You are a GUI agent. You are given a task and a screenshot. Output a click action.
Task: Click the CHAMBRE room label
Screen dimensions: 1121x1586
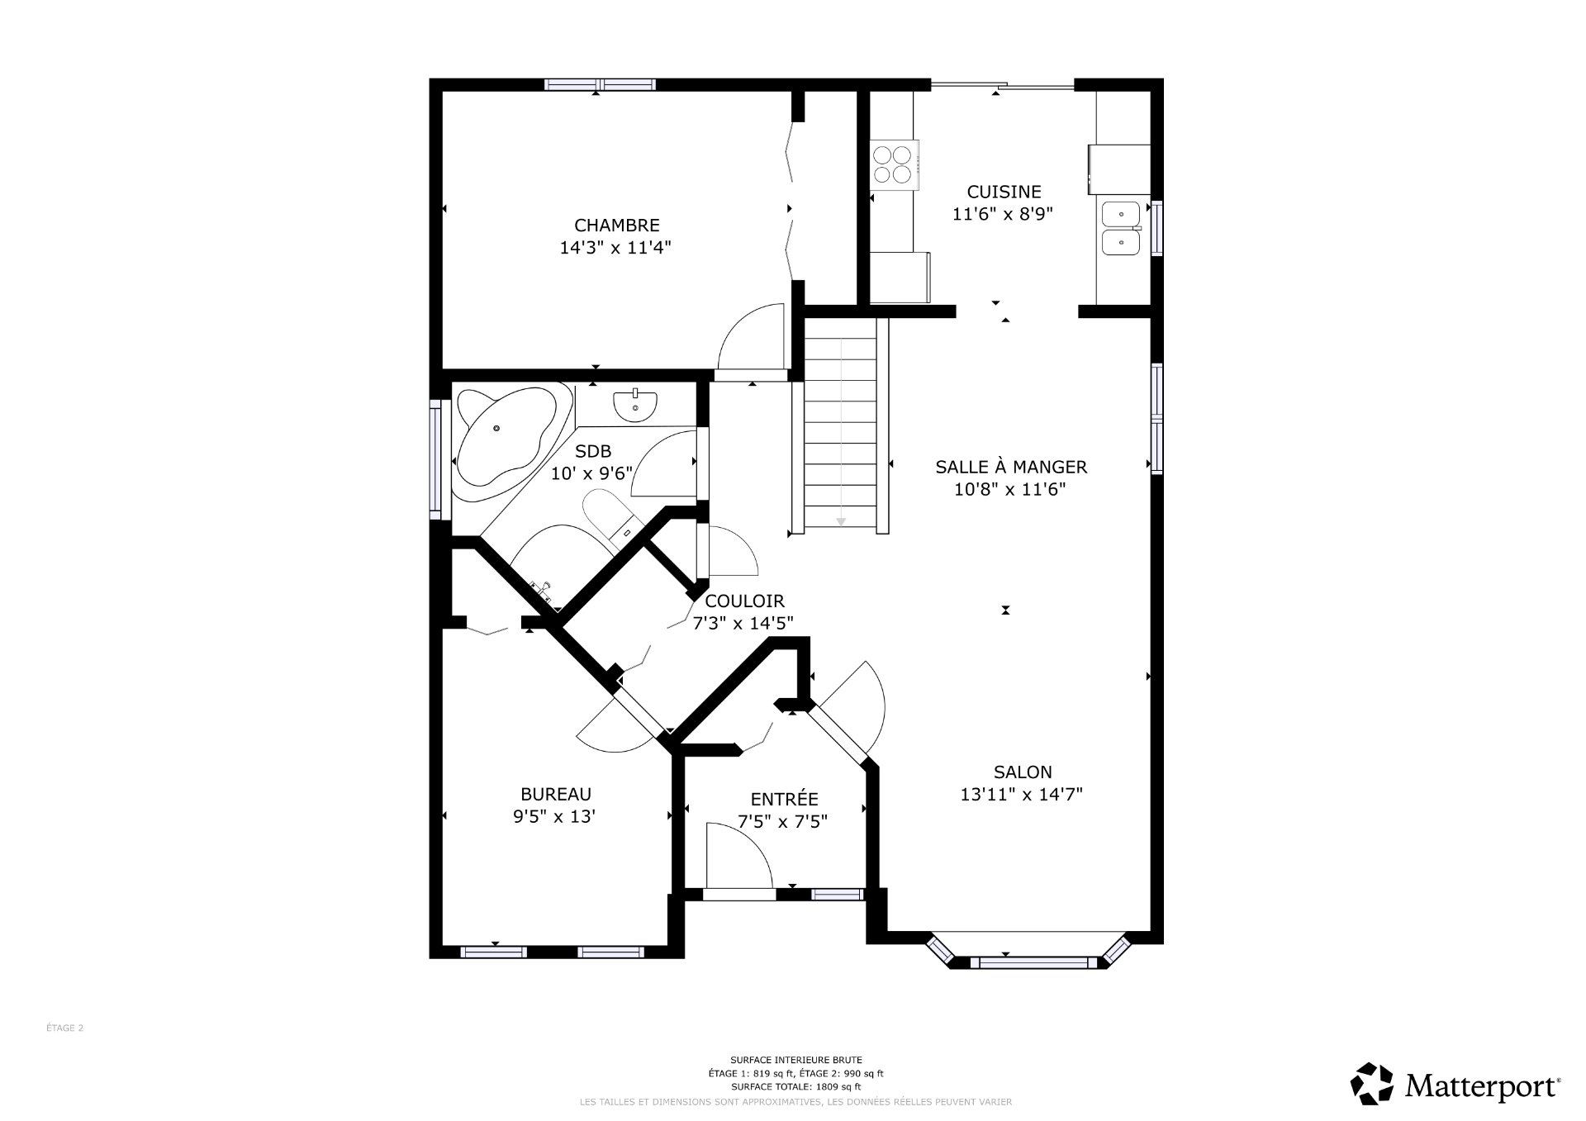click(616, 225)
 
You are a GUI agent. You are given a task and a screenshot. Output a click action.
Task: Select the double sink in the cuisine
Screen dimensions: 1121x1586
click(1120, 228)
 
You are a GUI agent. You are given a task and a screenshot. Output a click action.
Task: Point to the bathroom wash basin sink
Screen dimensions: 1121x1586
click(635, 405)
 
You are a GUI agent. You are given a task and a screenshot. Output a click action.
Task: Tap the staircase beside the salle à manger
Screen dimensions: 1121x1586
click(840, 425)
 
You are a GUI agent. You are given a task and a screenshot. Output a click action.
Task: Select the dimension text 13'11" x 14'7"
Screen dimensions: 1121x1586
click(1021, 795)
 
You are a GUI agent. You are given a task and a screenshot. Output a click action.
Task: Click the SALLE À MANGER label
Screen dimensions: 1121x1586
click(1011, 467)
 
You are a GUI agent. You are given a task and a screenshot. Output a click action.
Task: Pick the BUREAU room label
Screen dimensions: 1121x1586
click(555, 794)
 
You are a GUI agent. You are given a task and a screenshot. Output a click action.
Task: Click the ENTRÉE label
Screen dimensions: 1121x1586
click(784, 799)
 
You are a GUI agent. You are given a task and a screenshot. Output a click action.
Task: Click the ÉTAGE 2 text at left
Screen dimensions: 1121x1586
click(64, 1028)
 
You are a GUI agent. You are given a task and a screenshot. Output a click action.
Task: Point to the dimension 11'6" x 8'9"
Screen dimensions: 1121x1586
click(1002, 214)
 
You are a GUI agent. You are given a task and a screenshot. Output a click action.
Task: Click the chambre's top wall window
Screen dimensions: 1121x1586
click(600, 84)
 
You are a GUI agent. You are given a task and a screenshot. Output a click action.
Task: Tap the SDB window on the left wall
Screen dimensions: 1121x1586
click(434, 459)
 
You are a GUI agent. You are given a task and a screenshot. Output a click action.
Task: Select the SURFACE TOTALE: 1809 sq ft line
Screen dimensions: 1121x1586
click(795, 1087)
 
